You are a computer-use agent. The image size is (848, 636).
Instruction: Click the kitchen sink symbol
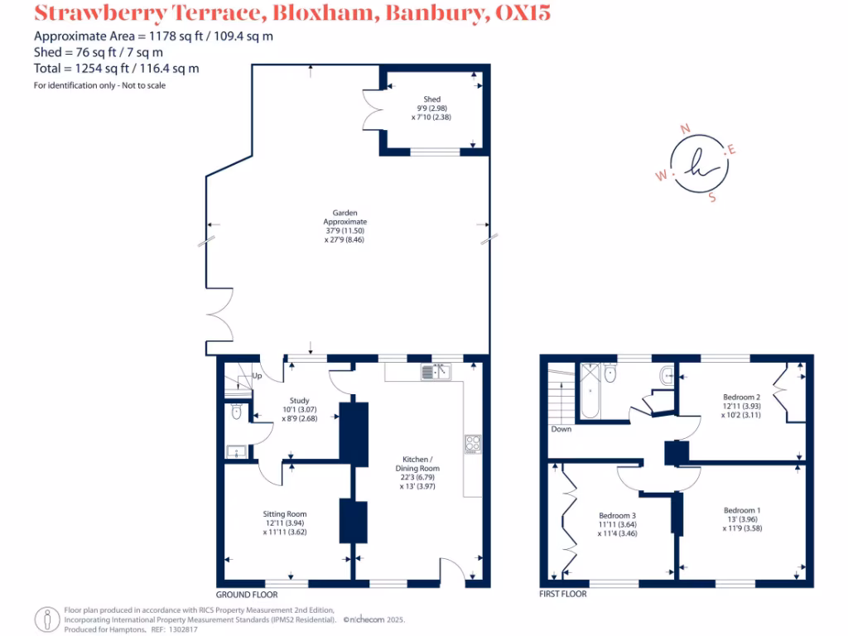(436, 372)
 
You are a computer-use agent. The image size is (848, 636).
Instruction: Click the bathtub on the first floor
(590, 389)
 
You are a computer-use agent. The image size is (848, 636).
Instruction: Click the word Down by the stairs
(561, 429)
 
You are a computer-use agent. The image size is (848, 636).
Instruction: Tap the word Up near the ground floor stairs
(258, 376)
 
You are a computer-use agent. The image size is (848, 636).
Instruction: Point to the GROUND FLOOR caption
(246, 595)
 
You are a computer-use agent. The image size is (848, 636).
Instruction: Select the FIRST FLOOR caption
(562, 595)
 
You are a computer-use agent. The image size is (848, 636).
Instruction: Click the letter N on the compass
(685, 128)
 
